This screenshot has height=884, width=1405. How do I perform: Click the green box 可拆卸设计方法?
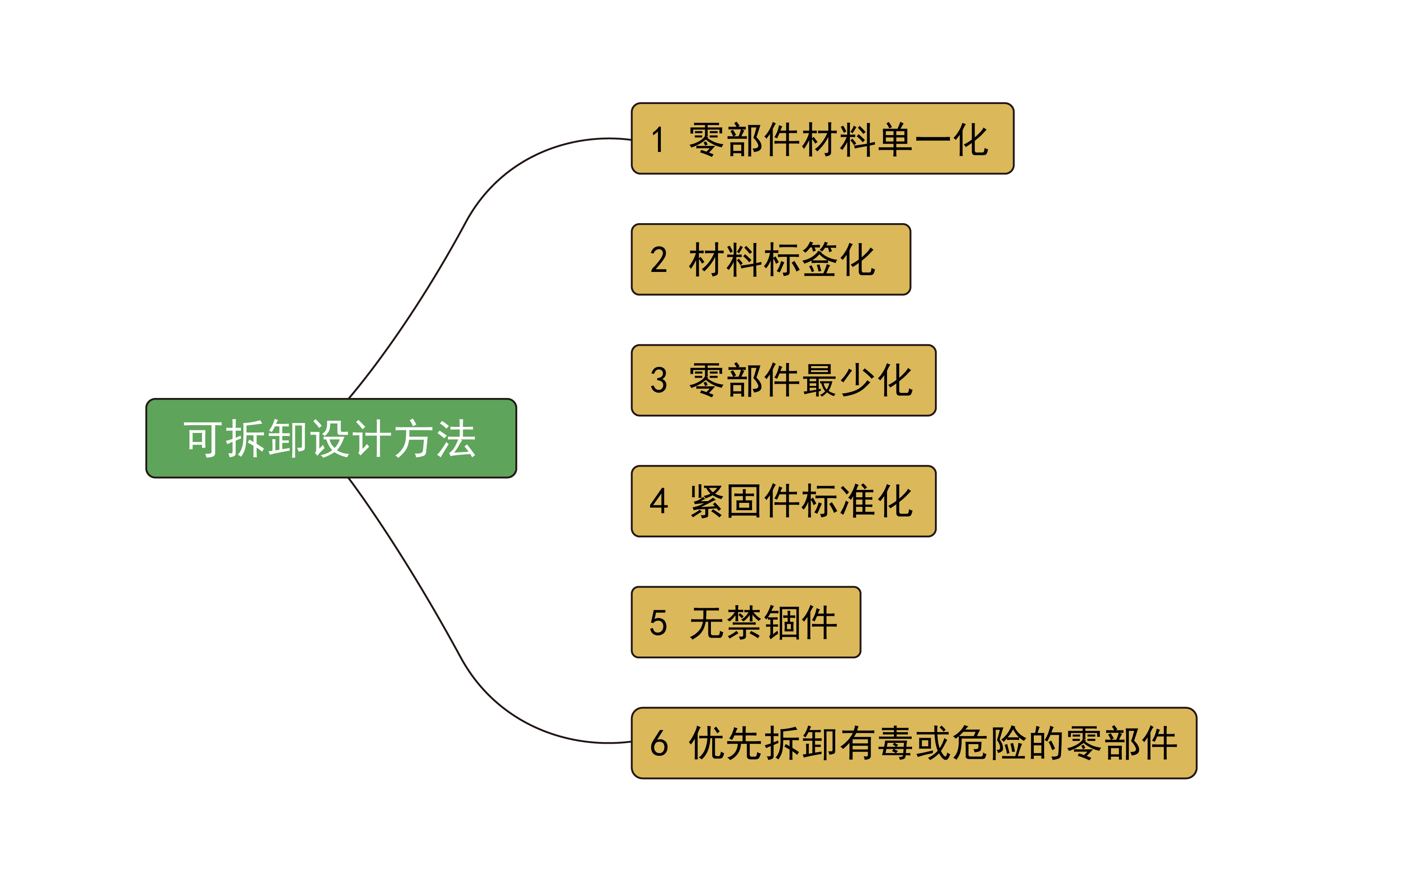(331, 438)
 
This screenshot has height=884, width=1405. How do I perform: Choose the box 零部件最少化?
(783, 380)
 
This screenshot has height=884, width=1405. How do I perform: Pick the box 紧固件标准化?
(783, 501)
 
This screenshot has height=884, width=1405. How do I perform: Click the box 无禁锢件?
(746, 622)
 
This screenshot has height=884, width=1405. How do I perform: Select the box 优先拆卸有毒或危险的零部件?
(914, 743)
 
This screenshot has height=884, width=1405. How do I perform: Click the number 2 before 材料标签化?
(658, 260)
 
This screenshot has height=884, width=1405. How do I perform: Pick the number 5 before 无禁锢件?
(658, 622)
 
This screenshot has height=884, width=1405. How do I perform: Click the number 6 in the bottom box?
(659, 743)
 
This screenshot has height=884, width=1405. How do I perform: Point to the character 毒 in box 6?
(894, 743)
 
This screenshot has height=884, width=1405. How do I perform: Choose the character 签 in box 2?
(819, 260)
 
